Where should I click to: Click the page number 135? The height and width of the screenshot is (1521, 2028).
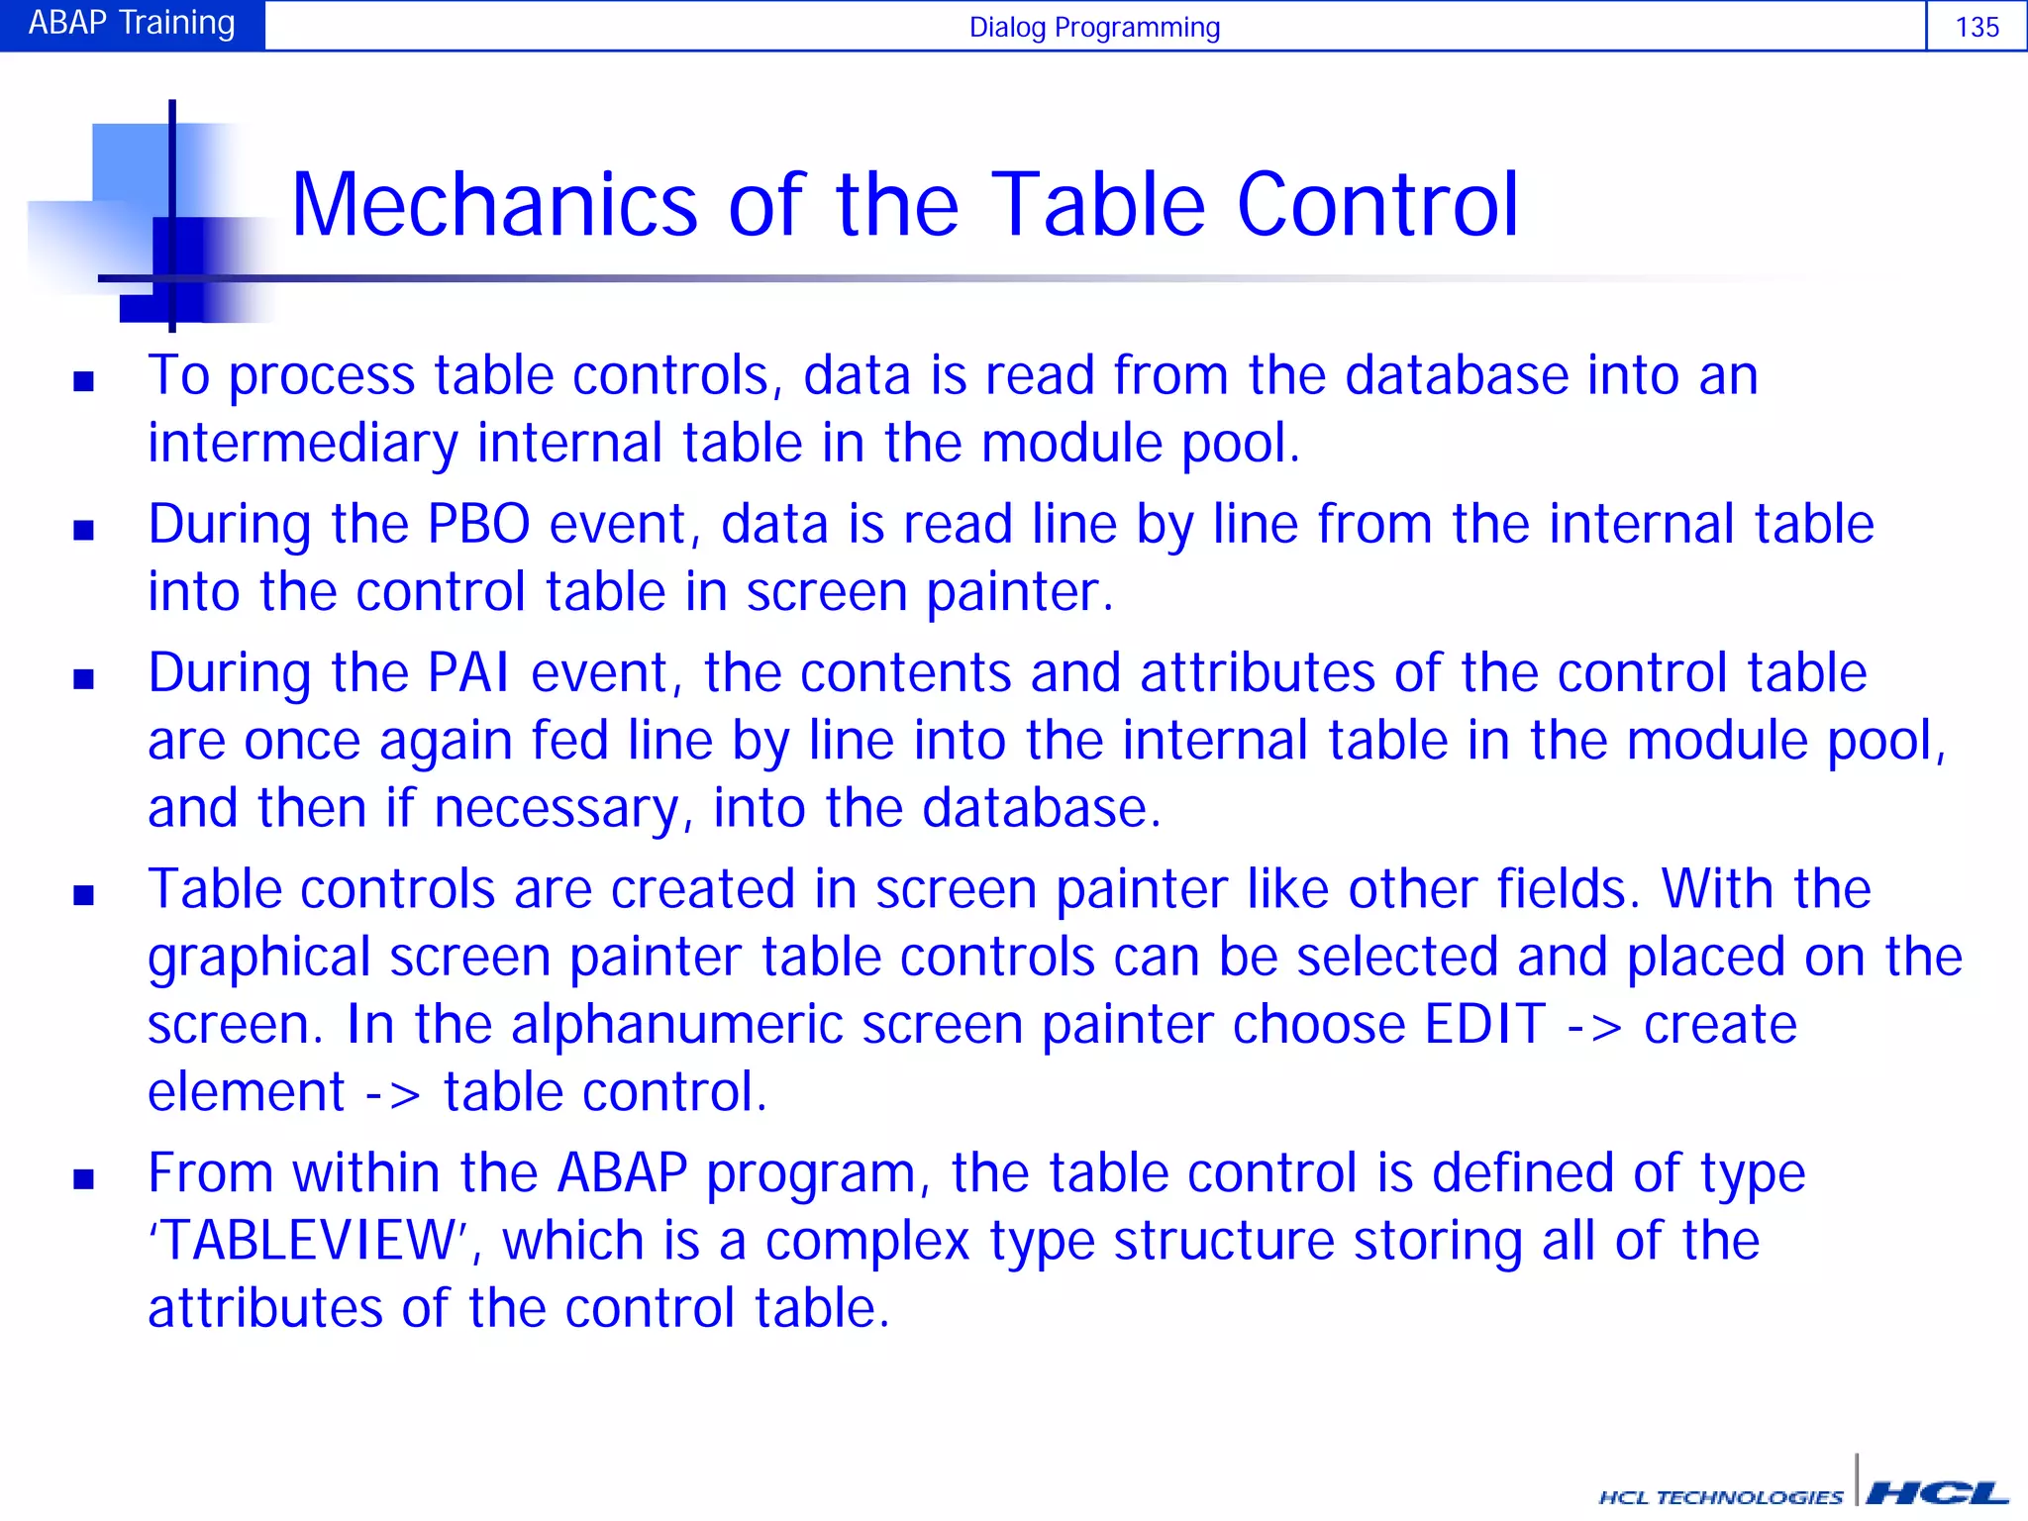click(x=1977, y=27)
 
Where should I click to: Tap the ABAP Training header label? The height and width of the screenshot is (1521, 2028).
click(x=132, y=23)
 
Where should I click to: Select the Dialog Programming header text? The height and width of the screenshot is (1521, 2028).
click(x=1094, y=28)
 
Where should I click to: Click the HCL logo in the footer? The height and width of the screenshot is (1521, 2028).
click(x=1936, y=1492)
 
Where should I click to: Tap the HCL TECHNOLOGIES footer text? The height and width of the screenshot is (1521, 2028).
click(x=1721, y=1496)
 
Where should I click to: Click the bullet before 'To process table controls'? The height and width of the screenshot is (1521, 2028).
click(x=83, y=381)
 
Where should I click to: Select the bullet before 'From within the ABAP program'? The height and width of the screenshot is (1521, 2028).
click(x=83, y=1178)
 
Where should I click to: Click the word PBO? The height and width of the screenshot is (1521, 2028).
click(x=479, y=524)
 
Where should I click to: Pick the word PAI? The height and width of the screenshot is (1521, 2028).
click(x=469, y=673)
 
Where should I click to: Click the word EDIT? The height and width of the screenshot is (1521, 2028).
click(x=1484, y=1024)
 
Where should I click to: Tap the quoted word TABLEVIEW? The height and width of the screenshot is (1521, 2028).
click(x=308, y=1240)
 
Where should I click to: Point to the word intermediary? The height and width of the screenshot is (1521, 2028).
click(x=303, y=443)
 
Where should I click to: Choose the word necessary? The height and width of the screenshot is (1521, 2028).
click(x=557, y=808)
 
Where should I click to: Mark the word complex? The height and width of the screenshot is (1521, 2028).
click(x=867, y=1241)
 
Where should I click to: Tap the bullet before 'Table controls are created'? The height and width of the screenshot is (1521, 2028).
click(x=83, y=895)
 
